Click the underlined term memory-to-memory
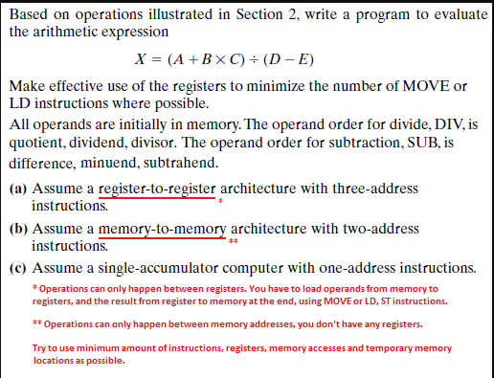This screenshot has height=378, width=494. [163, 229]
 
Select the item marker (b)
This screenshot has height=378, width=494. [18, 229]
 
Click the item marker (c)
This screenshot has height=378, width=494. [18, 267]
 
